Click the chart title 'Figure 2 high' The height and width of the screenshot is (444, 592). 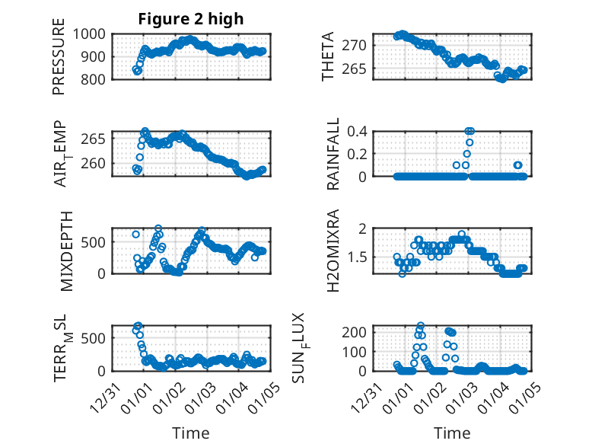[190, 19]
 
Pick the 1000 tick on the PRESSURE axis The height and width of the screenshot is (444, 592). [94, 34]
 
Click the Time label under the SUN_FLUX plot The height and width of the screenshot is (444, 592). [452, 433]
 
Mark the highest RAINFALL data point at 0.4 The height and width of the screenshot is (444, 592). [469, 131]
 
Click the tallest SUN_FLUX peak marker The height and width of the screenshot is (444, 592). [421, 326]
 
